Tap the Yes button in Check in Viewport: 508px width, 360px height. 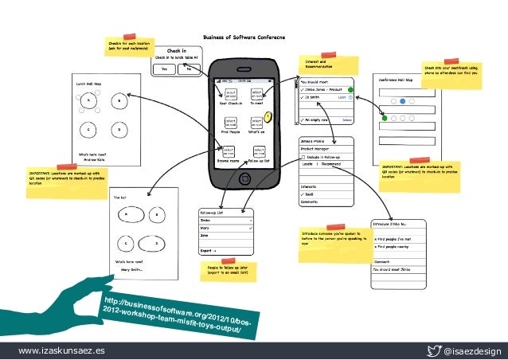pos(165,69)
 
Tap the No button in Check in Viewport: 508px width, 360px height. pos(189,69)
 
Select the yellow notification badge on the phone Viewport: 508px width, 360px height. pos(268,118)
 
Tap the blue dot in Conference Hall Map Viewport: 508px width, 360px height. pos(404,101)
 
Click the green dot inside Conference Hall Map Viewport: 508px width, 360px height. pos(385,119)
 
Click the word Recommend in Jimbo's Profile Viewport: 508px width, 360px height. pos(334,164)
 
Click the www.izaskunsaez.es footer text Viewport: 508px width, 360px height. pos(53,350)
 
